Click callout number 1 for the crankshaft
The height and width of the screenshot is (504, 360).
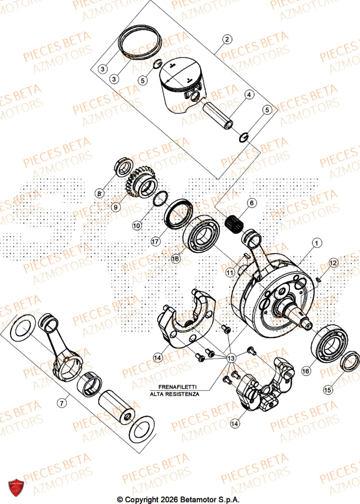(316, 243)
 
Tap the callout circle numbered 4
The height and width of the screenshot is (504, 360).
(249, 94)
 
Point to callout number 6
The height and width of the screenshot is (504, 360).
(252, 203)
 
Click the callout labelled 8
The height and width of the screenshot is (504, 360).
(100, 194)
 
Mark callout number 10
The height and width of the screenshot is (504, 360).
(137, 227)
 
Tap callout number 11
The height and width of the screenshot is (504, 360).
(230, 273)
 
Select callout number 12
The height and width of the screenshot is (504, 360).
(333, 263)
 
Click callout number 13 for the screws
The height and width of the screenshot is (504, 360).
(231, 358)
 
